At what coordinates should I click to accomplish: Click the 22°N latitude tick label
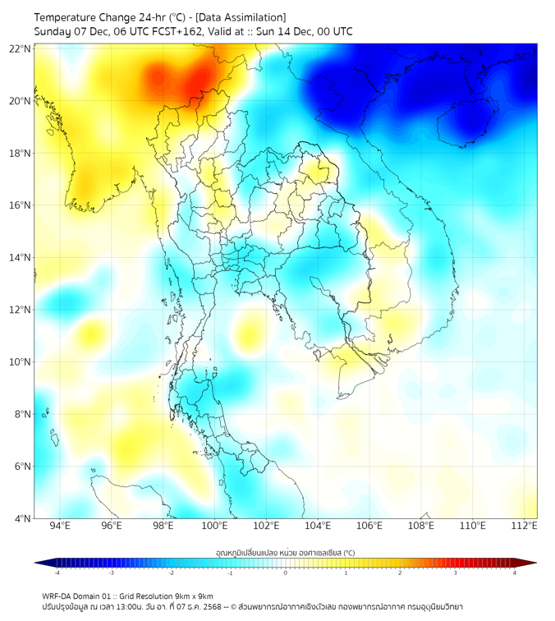[x=21, y=48]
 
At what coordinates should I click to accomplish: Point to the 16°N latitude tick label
[x=21, y=205]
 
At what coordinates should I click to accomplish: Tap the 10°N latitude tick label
[x=21, y=362]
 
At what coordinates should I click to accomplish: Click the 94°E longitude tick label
[x=60, y=526]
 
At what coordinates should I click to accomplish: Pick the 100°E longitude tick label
[x=214, y=526]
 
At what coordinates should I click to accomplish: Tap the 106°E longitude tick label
[x=369, y=526]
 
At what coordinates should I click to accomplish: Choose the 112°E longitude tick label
[x=524, y=526]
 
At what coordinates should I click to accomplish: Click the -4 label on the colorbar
[x=57, y=573]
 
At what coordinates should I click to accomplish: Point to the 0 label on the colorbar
[x=286, y=573]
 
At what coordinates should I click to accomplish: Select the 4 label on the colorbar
[x=514, y=573]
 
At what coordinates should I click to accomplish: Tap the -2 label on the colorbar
[x=171, y=573]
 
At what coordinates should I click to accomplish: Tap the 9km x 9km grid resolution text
[x=191, y=596]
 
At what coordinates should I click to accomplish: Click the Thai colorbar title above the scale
[x=285, y=553]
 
